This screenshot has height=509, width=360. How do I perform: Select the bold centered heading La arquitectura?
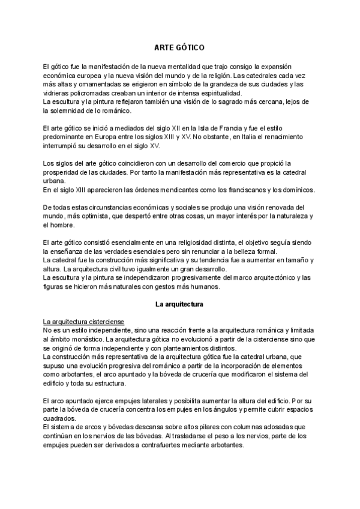coord(179,304)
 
